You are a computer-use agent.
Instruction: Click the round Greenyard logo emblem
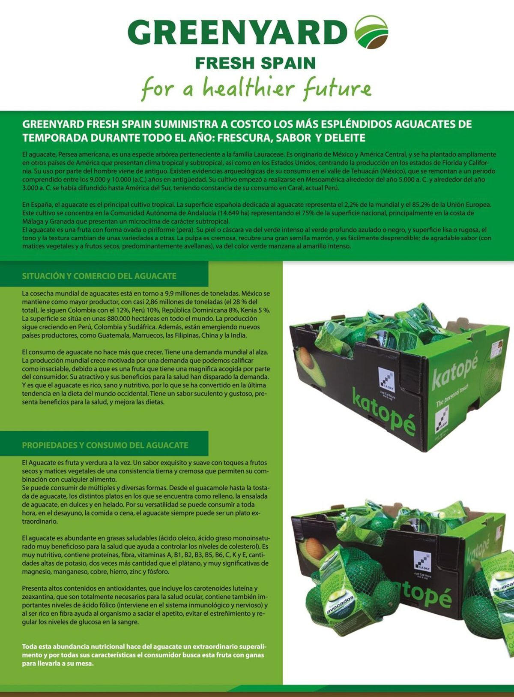point(371,32)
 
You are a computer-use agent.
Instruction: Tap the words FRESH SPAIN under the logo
point(255,63)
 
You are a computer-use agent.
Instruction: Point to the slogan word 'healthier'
point(248,88)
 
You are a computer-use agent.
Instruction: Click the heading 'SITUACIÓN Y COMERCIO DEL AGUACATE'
point(99,276)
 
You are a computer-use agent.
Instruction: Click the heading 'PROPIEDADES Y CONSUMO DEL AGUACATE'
point(105,445)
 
